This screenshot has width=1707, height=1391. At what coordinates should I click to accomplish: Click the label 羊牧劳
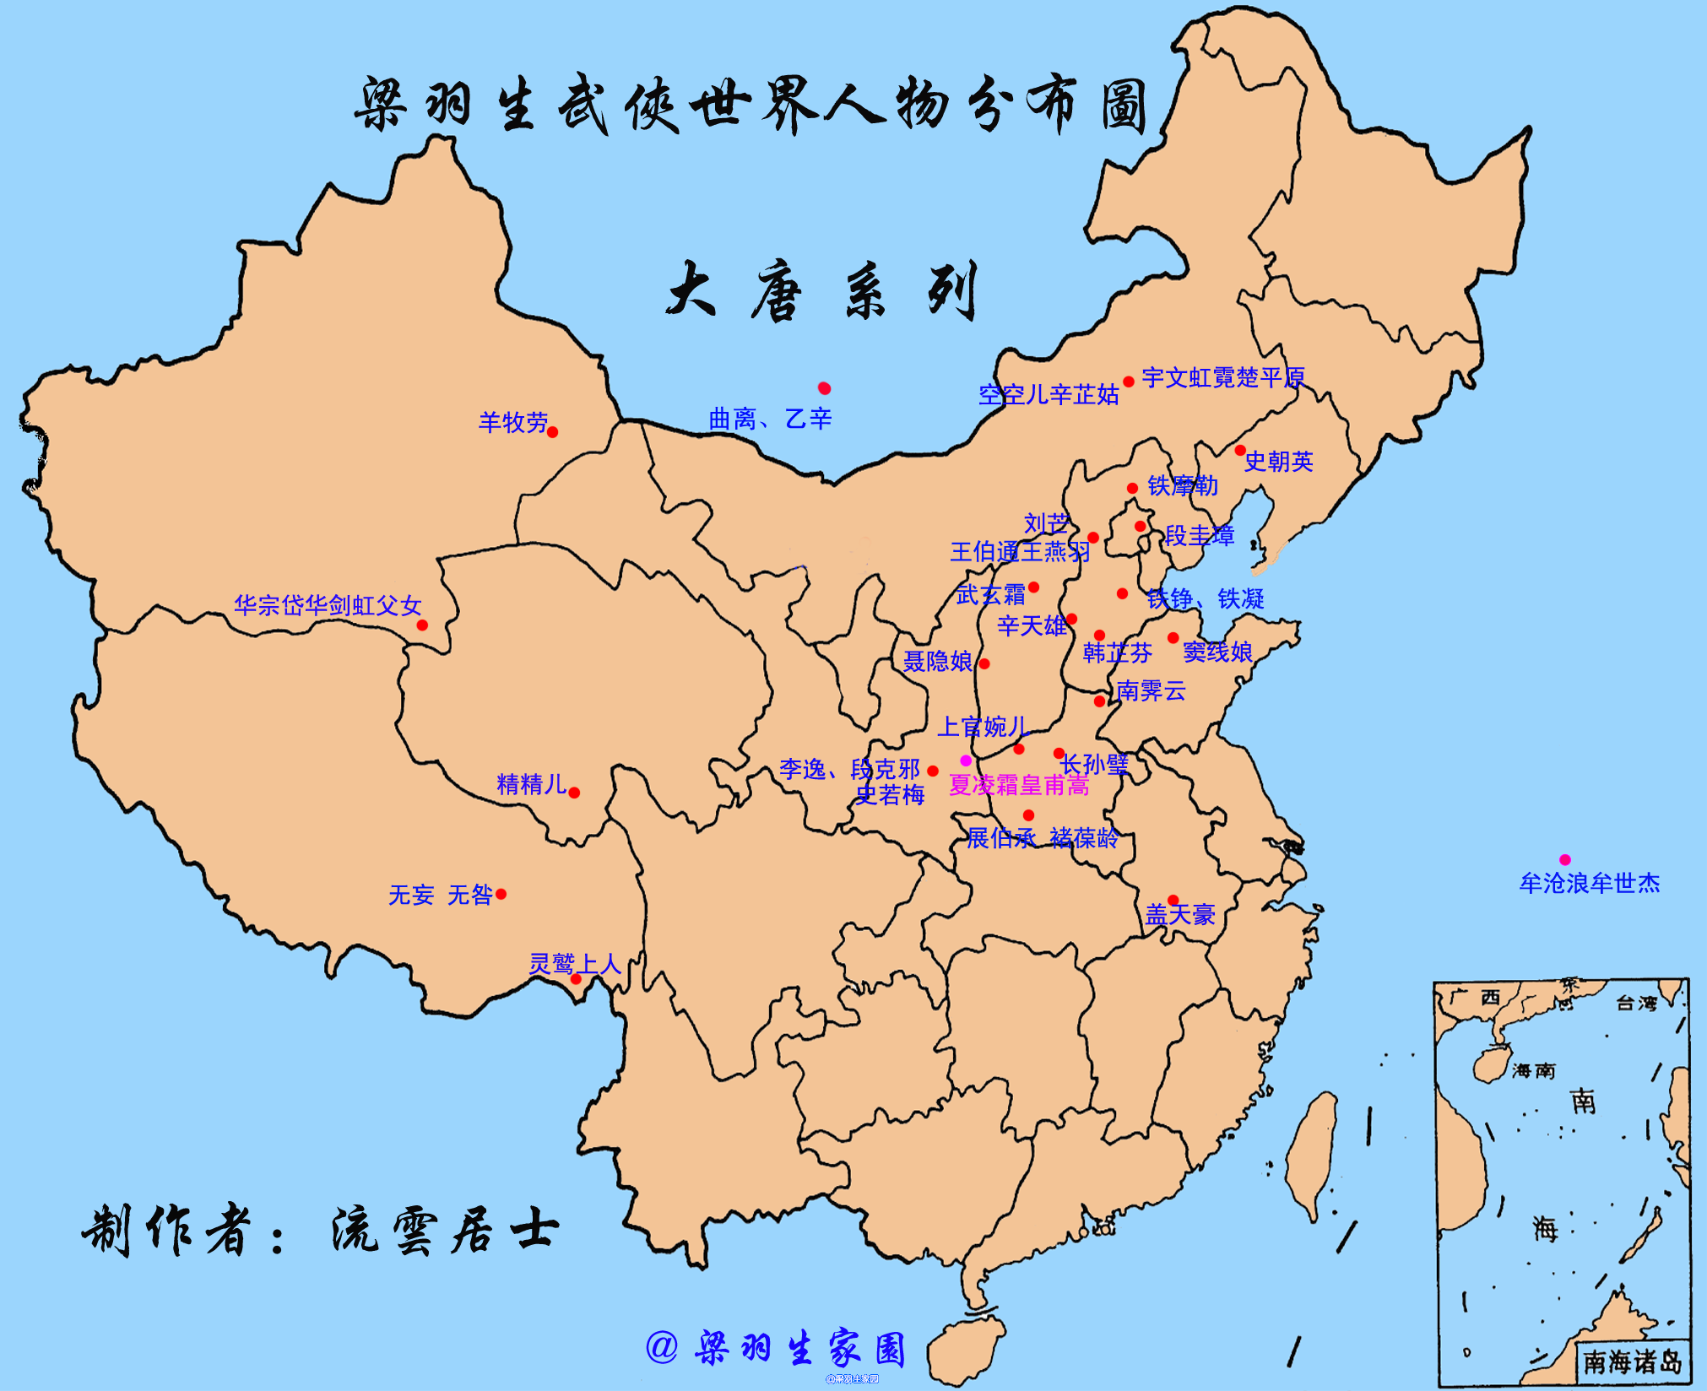tap(512, 422)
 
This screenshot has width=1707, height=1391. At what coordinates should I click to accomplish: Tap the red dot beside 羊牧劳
tap(552, 432)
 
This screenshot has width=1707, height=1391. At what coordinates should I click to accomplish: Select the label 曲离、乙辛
tap(770, 419)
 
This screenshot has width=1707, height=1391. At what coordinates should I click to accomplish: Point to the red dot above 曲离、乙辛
tap(824, 388)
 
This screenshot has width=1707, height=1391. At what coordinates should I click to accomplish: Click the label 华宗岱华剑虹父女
tap(328, 605)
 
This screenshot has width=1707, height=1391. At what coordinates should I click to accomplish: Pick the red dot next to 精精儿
tap(574, 793)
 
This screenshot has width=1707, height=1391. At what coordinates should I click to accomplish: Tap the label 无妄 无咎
tap(440, 895)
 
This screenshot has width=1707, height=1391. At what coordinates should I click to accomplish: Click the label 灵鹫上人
tap(575, 964)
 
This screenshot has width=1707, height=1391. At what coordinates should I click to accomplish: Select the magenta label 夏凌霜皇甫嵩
tap(1019, 786)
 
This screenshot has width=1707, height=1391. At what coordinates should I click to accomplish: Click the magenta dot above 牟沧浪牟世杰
tap(1564, 859)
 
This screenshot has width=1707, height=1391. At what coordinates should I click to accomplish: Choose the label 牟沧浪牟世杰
tap(1590, 884)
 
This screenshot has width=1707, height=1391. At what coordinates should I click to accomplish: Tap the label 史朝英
tap(1278, 462)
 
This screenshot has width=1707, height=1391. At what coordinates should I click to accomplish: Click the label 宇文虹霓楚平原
tap(1223, 378)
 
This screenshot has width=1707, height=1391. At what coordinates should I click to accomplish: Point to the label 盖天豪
tap(1180, 915)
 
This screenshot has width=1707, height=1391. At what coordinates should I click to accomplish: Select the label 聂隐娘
tap(937, 662)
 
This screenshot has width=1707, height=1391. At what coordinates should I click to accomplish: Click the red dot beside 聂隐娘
tap(984, 664)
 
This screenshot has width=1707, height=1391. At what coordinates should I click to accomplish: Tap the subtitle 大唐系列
tap(823, 291)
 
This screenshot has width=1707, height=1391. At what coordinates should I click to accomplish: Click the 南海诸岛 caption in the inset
tap(1632, 1361)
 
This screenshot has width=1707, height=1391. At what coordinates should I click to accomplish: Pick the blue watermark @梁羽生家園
tap(777, 1348)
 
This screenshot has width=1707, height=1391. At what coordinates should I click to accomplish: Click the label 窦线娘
tap(1217, 652)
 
